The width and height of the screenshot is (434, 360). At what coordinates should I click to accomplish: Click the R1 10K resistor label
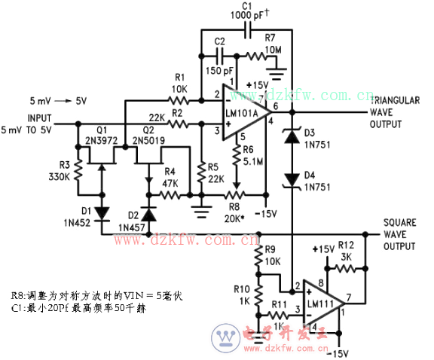[x=179, y=83]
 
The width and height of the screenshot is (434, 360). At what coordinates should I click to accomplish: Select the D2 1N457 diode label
[x=131, y=221]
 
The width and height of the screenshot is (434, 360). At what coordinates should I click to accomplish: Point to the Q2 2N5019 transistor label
[x=148, y=133]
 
